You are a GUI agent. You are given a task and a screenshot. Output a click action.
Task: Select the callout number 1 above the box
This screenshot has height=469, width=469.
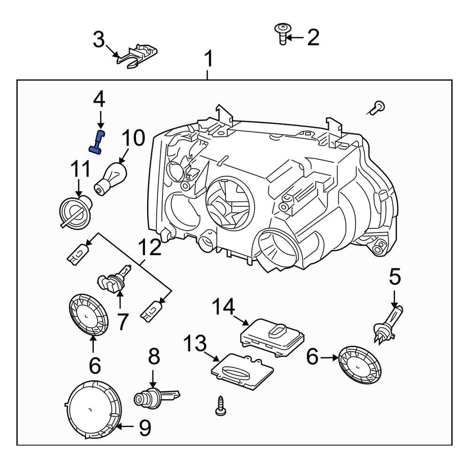point(208,60)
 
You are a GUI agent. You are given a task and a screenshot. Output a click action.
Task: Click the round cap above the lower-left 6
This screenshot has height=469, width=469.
point(89,314)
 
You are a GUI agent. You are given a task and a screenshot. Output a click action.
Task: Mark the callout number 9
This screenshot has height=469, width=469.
point(145,427)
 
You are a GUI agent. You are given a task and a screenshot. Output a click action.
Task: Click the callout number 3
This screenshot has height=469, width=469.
point(98,39)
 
